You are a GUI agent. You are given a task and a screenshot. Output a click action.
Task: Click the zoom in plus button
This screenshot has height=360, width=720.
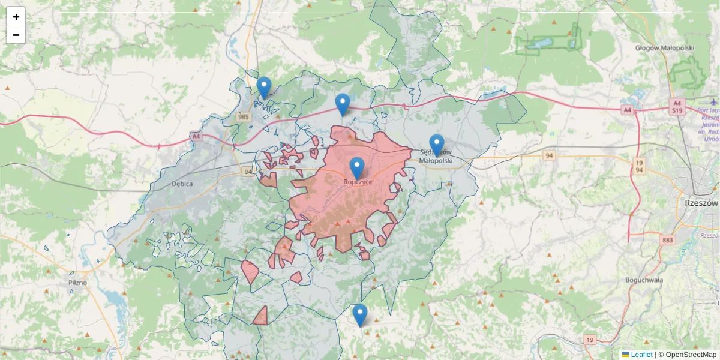point(16,17)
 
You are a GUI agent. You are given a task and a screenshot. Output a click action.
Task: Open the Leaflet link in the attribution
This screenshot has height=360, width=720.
point(641,355)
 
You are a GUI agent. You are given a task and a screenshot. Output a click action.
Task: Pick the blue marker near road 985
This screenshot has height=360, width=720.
point(264,88)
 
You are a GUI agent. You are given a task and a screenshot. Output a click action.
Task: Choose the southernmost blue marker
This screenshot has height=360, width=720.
point(360,315)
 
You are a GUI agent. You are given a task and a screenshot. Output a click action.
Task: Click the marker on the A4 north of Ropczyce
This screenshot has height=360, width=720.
point(343,104)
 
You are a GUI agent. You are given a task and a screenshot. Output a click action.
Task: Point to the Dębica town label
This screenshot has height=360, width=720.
point(182,184)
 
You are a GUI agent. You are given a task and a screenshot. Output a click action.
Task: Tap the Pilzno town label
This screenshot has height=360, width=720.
point(77,282)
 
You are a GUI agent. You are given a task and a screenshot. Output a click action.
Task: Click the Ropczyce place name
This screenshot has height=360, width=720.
point(358,182)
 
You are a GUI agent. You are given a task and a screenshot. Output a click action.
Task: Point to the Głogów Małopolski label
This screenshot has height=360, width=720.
point(665,48)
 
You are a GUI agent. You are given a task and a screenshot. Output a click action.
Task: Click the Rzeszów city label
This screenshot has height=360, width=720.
point(701,203)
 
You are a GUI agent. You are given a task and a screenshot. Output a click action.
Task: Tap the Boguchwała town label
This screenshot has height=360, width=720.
point(643,280)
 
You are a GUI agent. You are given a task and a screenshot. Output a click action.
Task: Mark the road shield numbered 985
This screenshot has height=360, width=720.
point(243,116)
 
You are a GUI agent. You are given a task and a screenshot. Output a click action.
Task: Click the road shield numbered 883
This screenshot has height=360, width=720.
point(668,240)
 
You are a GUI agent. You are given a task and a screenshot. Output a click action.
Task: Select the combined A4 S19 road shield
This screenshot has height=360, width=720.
point(677,107)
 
